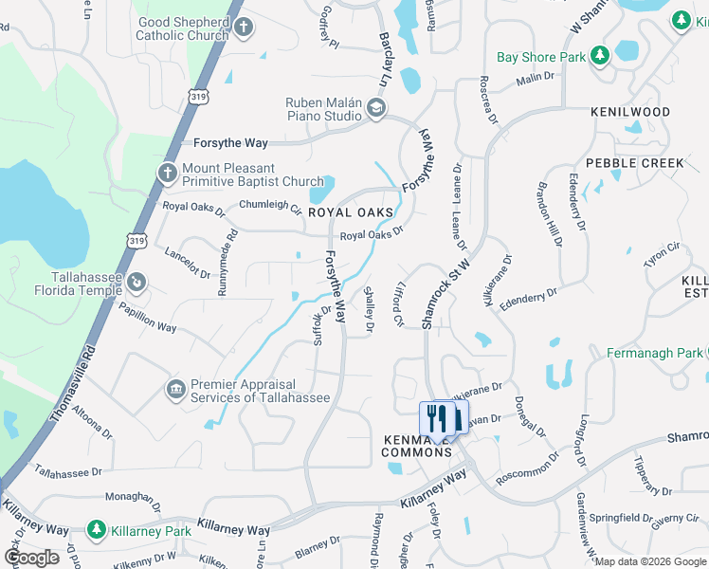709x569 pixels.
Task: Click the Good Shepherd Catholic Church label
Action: click(183, 28)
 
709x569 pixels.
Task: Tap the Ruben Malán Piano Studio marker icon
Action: click(376, 109)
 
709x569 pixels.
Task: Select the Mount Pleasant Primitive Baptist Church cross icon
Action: click(167, 173)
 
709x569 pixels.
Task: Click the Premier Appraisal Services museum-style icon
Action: click(175, 390)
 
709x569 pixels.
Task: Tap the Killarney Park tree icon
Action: click(95, 528)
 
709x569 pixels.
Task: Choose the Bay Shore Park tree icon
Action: click(599, 57)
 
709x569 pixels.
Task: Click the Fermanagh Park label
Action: click(655, 353)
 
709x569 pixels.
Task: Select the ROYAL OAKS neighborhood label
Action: click(351, 213)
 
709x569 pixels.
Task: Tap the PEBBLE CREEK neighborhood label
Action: click(634, 163)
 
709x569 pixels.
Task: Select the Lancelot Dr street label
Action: click(187, 262)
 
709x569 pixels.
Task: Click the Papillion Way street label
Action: click(148, 318)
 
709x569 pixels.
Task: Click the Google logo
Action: click(31, 557)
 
